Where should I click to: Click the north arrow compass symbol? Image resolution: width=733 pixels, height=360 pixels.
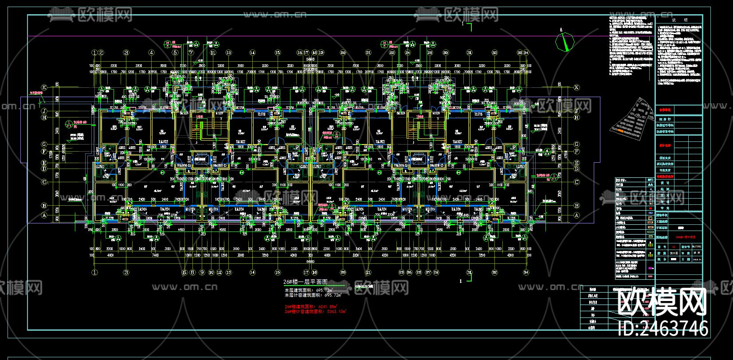pos(565,42)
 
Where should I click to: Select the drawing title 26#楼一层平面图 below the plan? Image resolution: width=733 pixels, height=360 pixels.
pos(305,282)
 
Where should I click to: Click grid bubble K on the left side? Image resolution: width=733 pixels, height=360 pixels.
pos(44,88)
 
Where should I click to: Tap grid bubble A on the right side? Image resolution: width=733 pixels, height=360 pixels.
pos(576,215)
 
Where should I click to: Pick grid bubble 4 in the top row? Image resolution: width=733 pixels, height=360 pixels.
pos(151,53)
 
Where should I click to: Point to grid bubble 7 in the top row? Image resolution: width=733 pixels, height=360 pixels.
pos(191,53)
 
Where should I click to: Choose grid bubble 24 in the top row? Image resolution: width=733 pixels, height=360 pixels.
pos(408,53)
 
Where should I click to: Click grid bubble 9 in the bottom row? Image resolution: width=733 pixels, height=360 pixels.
pos(202,273)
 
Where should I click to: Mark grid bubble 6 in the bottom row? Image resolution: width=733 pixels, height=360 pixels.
pos(185,273)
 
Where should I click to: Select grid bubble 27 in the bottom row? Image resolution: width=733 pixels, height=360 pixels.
pos(428,273)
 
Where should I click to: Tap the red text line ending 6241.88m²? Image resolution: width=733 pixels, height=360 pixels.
pos(311,306)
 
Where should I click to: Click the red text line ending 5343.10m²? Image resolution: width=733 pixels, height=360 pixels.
pos(315,311)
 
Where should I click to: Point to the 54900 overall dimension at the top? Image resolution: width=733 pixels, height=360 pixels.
pos(310,58)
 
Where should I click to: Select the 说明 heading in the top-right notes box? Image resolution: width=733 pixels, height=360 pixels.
pos(679,20)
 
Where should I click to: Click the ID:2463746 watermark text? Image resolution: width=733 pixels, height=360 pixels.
pos(663,329)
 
